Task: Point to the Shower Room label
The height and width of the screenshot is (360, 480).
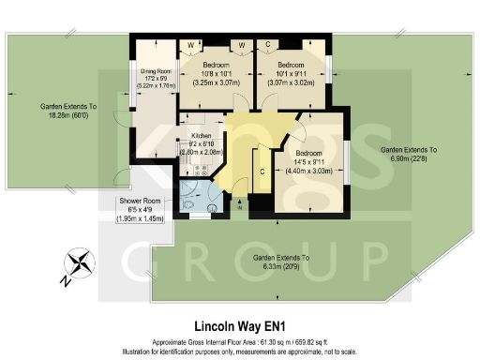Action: (138, 201)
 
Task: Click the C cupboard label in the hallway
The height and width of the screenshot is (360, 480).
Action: (262, 171)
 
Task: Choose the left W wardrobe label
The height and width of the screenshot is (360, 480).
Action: (191, 45)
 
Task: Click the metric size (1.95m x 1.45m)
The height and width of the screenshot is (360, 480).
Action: (138, 217)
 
